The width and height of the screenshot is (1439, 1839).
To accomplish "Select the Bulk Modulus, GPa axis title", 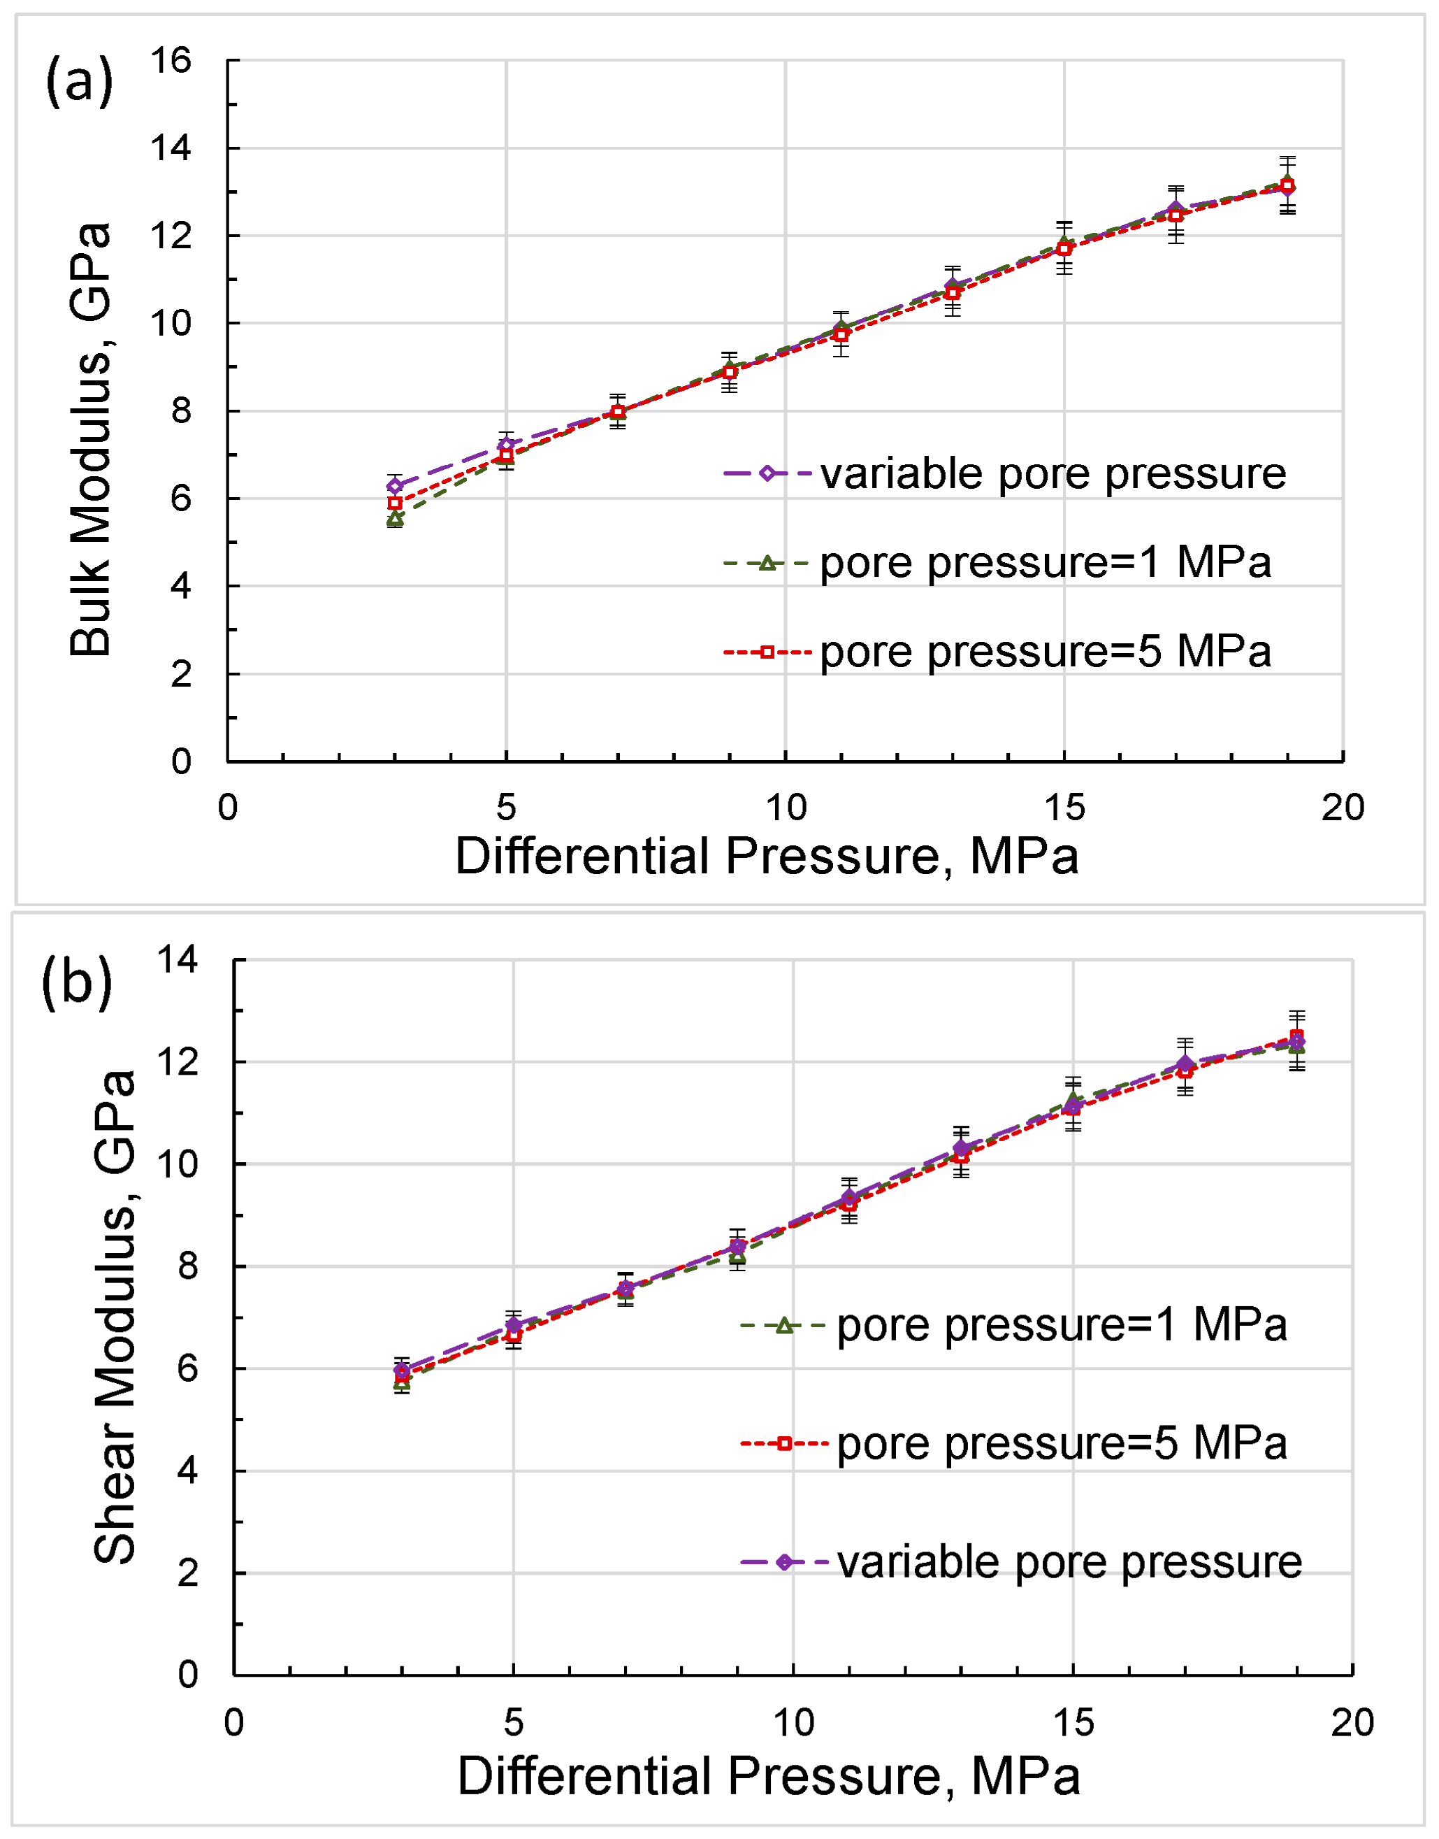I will pos(90,439).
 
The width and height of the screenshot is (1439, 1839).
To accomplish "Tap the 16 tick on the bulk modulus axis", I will pos(171,61).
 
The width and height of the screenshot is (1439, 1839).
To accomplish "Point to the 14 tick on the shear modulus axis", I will pos(177,959).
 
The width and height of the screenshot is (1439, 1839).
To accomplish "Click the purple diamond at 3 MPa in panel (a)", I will pos(394,485).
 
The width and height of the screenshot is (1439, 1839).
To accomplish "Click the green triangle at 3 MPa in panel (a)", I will pos(394,519).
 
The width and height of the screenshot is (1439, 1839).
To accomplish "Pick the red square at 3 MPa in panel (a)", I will pos(394,503).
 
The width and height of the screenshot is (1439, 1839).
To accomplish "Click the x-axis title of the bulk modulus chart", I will pos(767,857).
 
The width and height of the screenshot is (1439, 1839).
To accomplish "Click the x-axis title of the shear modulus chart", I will pos(768,1777).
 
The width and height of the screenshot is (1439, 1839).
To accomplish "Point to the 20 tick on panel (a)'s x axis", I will pos(1342,808).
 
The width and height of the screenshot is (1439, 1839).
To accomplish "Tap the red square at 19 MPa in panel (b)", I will pos(1296,1037).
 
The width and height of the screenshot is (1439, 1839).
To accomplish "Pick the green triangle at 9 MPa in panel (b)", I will pos(737,1259).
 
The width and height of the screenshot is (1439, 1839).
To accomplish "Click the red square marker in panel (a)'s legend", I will pos(767,652).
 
